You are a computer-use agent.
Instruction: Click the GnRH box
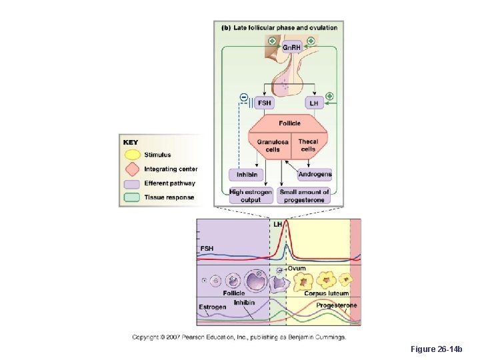pos(291,47)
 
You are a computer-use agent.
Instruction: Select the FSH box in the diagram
pos(264,103)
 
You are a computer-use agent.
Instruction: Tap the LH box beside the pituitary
pos(314,103)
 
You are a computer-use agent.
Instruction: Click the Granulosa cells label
pos(273,145)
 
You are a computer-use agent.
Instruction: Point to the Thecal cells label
pos(308,145)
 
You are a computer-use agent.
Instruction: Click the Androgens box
pos(315,175)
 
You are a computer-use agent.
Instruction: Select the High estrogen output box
pos(251,195)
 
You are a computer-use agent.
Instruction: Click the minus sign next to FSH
pos(243,99)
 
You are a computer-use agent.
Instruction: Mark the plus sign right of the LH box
pos(329,96)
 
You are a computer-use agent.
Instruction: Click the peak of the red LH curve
pos(285,222)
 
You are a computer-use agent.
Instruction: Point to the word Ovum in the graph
pos(297,268)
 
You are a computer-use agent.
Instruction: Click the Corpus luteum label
pos(326,293)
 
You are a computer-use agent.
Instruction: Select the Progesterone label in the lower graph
pos(336,305)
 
